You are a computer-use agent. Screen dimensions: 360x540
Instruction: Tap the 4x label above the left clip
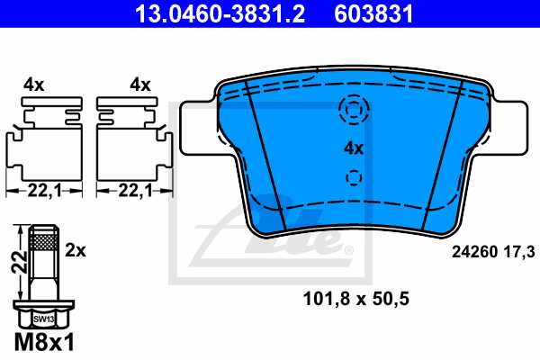pyautogui.click(x=35, y=85)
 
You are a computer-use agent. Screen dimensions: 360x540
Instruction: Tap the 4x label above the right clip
pyautogui.click(x=139, y=85)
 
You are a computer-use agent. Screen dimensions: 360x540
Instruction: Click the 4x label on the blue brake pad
pyautogui.click(x=353, y=148)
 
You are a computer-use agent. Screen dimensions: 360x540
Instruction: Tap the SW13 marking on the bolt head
pyautogui.click(x=43, y=319)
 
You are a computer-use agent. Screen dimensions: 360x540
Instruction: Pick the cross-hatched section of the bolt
pyautogui.click(x=43, y=241)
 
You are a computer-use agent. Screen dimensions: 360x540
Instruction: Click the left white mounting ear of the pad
pyautogui.click(x=199, y=126)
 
